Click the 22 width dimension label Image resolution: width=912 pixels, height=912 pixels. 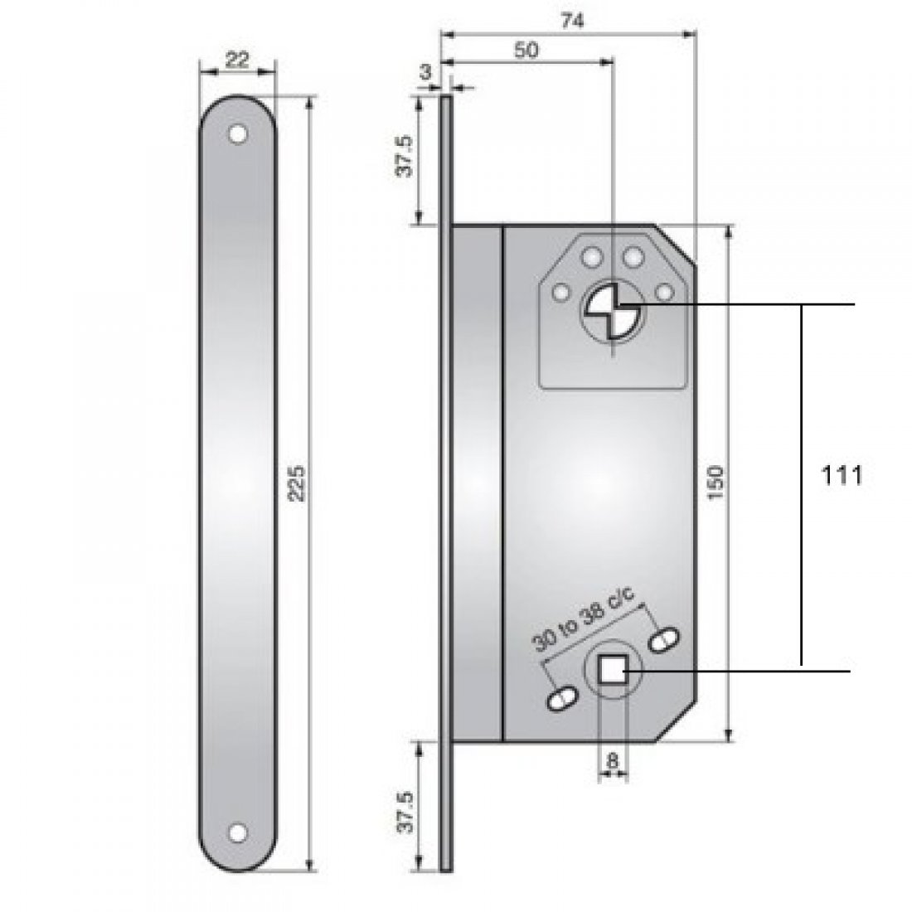click(x=237, y=61)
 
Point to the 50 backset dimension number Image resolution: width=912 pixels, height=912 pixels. click(x=526, y=50)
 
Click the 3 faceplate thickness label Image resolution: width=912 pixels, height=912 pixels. click(x=425, y=72)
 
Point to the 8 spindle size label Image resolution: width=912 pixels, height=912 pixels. click(x=613, y=759)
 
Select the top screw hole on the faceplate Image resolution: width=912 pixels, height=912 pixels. click(x=239, y=133)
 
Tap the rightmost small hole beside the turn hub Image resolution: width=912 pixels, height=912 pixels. click(x=664, y=292)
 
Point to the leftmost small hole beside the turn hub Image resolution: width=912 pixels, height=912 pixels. click(x=560, y=292)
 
